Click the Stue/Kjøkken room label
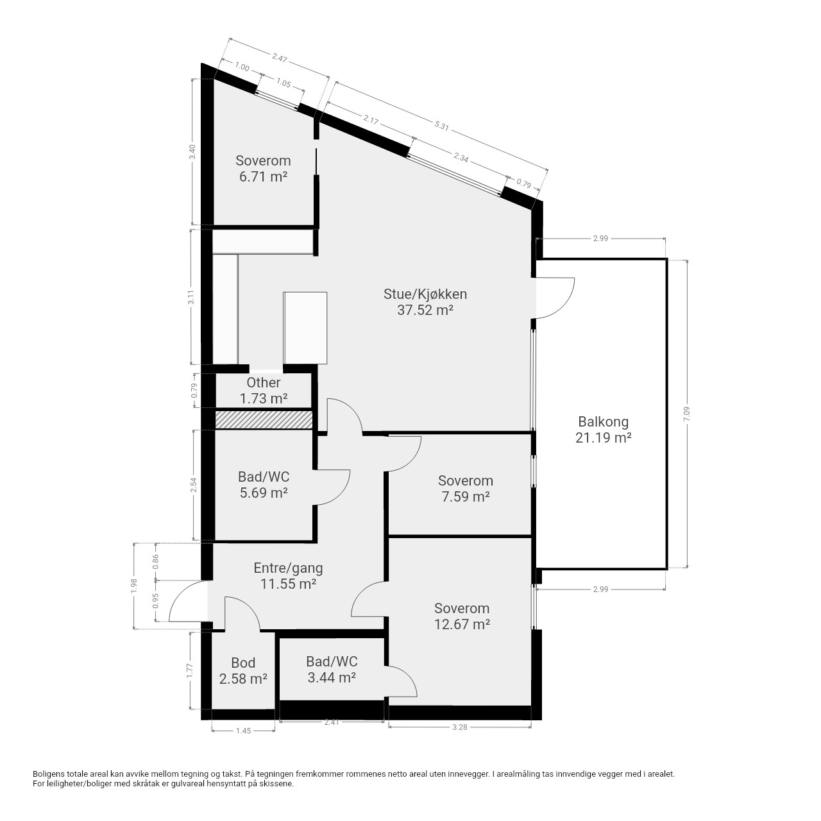pos(425,302)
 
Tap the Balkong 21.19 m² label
pos(603,430)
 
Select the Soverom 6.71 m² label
pos(263,169)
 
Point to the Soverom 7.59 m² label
pos(465,489)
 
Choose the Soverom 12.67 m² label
pos(462,616)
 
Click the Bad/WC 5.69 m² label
pos(264,485)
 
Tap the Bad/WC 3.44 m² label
pos(332,670)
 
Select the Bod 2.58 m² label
pos(243,671)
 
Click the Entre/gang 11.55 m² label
pos(288,576)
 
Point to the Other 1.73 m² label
pos(264,391)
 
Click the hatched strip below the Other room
pos(264,419)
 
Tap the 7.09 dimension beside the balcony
pos(686,414)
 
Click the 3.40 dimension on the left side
pos(192,151)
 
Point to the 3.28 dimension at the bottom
pos(460,727)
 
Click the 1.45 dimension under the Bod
pos(243,731)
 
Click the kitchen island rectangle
pos(305,328)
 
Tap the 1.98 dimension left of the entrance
pos(134,586)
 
